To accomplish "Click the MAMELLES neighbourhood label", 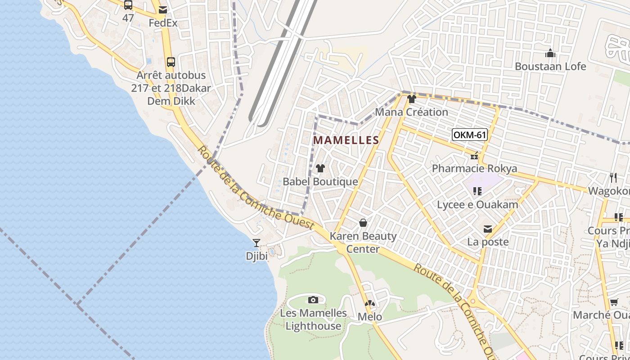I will point(346,140).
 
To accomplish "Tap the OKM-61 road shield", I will point(470,135).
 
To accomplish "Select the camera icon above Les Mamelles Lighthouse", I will point(313,300).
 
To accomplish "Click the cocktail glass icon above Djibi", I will point(256,243).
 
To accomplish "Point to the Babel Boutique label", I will point(320,182).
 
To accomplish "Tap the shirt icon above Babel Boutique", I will point(320,169).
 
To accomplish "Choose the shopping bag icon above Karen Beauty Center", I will point(363,223).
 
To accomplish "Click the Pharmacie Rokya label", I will point(474,169).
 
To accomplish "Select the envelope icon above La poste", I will point(488,229).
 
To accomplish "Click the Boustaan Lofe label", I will point(550,67).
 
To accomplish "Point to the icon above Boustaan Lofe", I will point(550,54).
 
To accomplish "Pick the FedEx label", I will point(163,22).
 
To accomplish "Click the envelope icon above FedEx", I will point(163,9).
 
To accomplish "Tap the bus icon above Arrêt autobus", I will point(171,62).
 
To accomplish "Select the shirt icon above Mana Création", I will point(411,99).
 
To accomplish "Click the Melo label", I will point(370,317).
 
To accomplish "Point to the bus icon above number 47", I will point(128,5).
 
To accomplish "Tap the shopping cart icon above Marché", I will point(614,302).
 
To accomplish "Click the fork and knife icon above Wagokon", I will point(613,178).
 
